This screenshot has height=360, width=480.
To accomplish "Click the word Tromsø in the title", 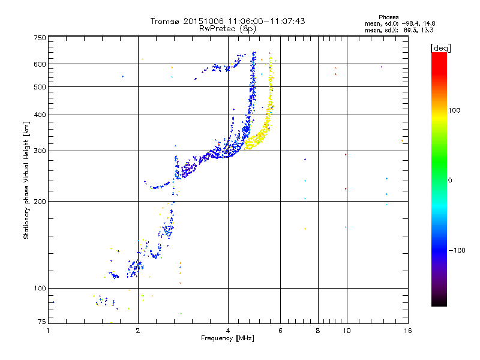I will tap(165, 21).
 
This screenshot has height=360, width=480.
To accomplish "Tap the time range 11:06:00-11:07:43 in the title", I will tap(267, 21).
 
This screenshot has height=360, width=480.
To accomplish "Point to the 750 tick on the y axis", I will tap(40, 38).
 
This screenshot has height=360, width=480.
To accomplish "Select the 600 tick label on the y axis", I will tap(40, 64).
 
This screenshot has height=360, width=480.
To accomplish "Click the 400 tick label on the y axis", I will tap(40, 115).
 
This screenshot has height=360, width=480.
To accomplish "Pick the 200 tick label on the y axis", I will tap(40, 201).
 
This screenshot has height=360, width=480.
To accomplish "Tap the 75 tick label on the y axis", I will tap(41, 322).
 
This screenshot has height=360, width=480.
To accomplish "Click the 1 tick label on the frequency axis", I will tap(49, 330).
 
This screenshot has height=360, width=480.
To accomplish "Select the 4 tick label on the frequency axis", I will tap(228, 330).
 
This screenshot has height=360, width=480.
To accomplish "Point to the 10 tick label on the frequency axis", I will tap(346, 330).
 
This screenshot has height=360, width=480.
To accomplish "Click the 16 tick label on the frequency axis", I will tap(407, 330).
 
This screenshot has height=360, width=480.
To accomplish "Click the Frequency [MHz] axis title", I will tap(228, 338).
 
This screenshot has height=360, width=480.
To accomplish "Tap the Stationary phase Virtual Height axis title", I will tap(26, 180).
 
